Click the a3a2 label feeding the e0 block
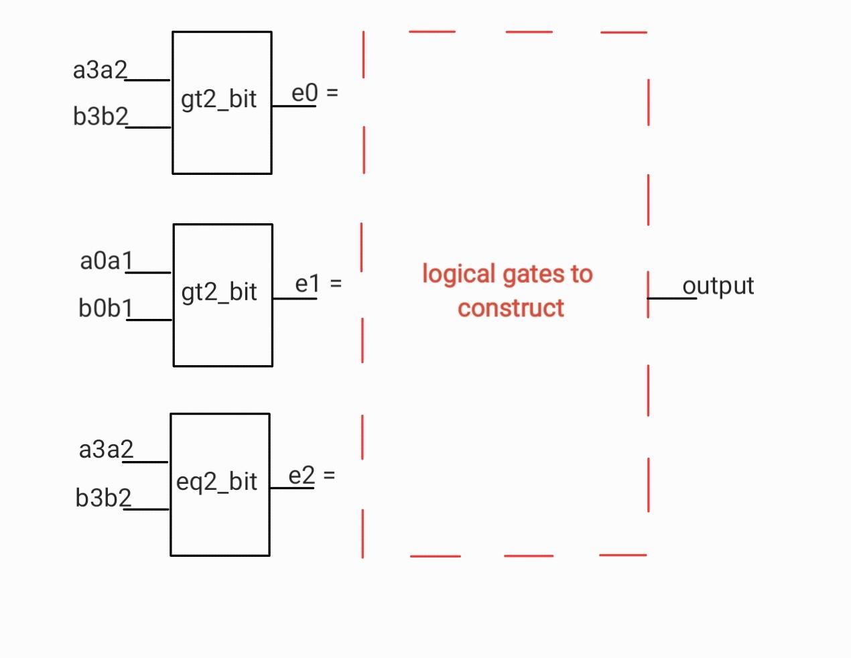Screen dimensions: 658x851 coord(100,70)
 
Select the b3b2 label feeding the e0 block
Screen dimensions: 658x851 coord(101,117)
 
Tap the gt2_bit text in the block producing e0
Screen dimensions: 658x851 coord(218,99)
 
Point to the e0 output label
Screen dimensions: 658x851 coord(304,93)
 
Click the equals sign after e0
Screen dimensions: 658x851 coord(332,93)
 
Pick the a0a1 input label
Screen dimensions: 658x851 coord(107,261)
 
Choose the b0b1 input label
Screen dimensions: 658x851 coord(106,308)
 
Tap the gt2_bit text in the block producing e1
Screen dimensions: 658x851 coord(219,292)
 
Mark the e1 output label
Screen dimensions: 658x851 coord(308,284)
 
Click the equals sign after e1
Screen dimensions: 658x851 coord(336,284)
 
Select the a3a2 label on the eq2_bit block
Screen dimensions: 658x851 coord(106,449)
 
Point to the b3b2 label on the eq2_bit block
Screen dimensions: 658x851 coord(103,498)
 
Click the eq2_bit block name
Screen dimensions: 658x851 coord(216,482)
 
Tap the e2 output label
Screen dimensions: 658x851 coord(302,476)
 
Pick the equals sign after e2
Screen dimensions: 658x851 coord(329,476)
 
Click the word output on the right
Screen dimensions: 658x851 coord(718,285)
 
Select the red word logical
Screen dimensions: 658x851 coord(458,274)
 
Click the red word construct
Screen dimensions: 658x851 coord(511,308)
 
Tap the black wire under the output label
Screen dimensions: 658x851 coord(672,298)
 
